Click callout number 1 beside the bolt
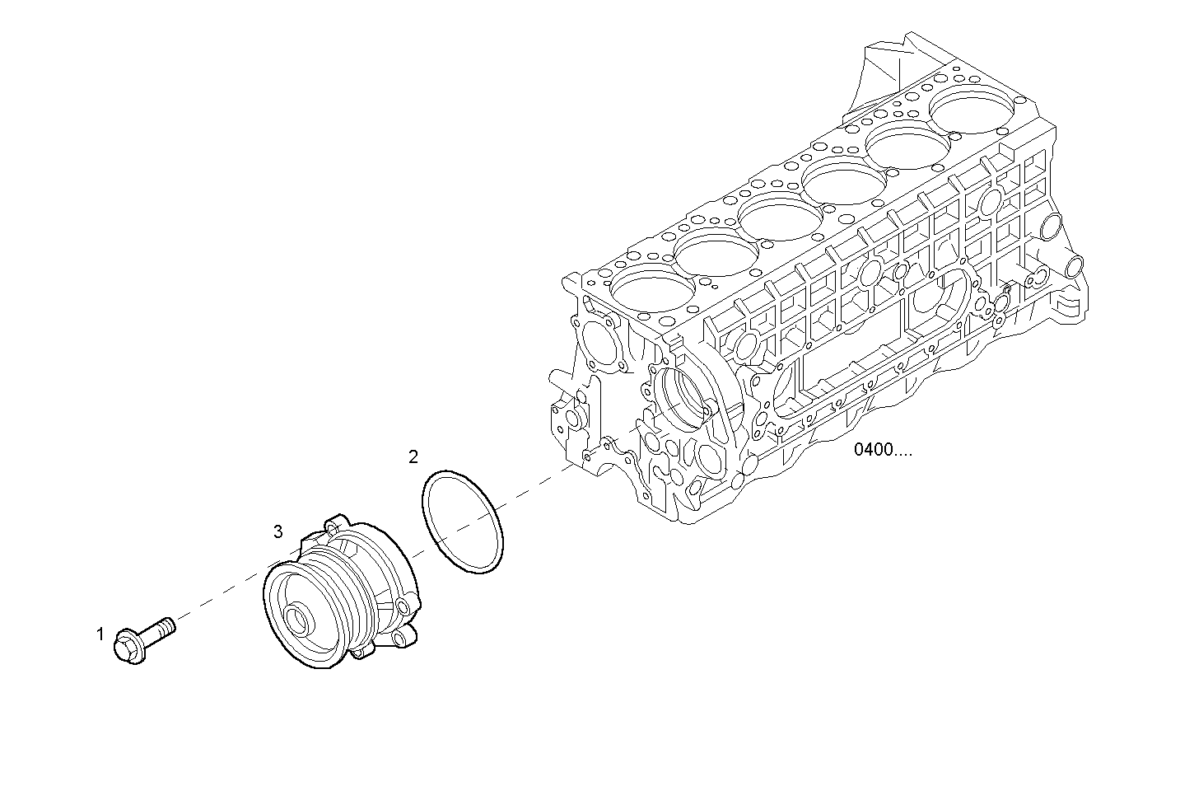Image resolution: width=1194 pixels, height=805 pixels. point(100,634)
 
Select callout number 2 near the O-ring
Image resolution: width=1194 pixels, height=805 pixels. point(413,456)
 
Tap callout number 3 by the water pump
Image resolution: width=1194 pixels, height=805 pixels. point(278,531)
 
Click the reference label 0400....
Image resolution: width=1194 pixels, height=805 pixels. point(882,450)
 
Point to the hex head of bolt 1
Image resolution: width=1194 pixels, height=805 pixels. point(130,646)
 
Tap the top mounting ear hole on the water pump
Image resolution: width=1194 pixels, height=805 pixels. point(333,525)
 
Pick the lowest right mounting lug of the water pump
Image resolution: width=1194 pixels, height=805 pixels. point(400,639)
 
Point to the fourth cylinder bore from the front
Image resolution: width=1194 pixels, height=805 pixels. point(845,181)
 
